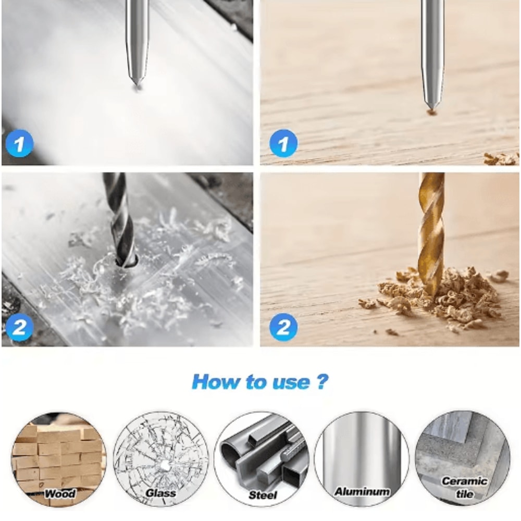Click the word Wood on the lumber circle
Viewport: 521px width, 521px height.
(x=60, y=493)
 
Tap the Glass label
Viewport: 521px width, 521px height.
(x=161, y=493)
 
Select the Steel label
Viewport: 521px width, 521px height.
(x=263, y=495)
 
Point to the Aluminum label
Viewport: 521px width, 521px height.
(x=362, y=491)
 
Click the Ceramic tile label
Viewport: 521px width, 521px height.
(x=464, y=488)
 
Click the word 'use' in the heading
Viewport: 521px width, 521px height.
(x=291, y=382)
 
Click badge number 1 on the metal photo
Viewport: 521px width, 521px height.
(x=19, y=144)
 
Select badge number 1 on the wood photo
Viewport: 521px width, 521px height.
(x=283, y=144)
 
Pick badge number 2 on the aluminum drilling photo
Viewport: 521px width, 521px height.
(x=19, y=327)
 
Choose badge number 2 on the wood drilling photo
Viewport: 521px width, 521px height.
(x=283, y=327)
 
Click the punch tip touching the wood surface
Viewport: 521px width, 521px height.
(x=431, y=109)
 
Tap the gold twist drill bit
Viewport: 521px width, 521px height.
(x=431, y=232)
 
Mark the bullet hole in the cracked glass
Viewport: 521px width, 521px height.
(x=165, y=466)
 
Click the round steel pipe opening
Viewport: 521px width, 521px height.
(x=231, y=454)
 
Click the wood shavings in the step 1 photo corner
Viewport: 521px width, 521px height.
(x=501, y=159)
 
